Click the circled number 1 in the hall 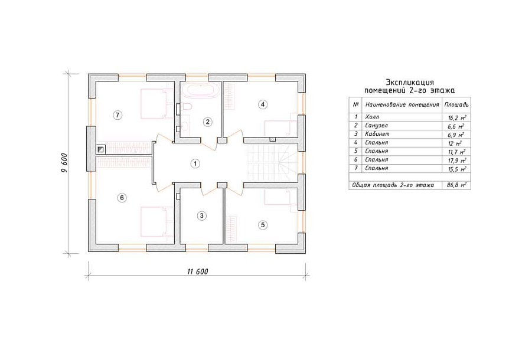pyautogui.click(x=195, y=164)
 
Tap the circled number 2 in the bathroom pyautogui.click(x=207, y=122)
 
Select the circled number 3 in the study pyautogui.click(x=201, y=215)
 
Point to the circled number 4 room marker pyautogui.click(x=263, y=104)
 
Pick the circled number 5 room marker pyautogui.click(x=263, y=225)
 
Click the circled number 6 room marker pyautogui.click(x=122, y=198)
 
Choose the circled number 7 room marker pyautogui.click(x=118, y=115)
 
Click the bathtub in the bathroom pyautogui.click(x=200, y=90)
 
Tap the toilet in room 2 pyautogui.click(x=187, y=106)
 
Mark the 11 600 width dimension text pyautogui.click(x=197, y=271)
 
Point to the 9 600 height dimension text pyautogui.click(x=64, y=162)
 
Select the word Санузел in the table pyautogui.click(x=376, y=125)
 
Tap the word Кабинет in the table pyautogui.click(x=377, y=133)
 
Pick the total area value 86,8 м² pyautogui.click(x=456, y=185)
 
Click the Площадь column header pyautogui.click(x=456, y=105)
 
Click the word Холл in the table pyautogui.click(x=372, y=117)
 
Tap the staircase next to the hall pyautogui.click(x=273, y=162)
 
